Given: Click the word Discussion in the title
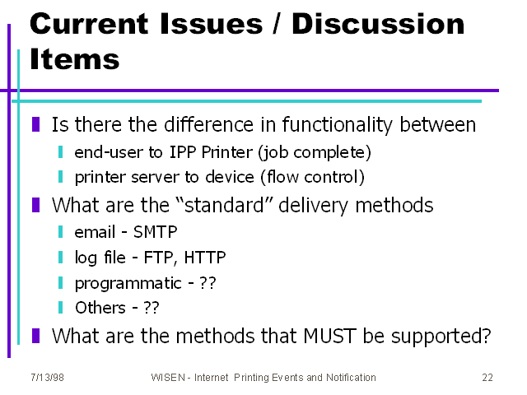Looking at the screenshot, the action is point(378,24).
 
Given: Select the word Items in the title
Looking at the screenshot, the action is point(75,59).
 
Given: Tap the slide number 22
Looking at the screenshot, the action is point(487,378).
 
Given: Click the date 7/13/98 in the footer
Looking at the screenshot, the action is point(47,378).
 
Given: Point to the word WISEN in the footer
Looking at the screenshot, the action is point(168,378).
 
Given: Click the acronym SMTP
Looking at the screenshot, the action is point(156,232).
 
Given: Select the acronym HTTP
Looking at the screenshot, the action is point(205,258).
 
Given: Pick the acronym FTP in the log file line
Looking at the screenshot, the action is point(159,258).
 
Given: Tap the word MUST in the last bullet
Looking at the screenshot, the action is point(329,336).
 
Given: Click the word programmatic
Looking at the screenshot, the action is point(128,283).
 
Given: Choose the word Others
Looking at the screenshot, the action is point(100,308).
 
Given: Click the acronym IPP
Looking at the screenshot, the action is point(183,152).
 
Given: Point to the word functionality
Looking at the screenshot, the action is point(338,124).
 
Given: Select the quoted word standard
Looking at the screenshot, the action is point(225,205).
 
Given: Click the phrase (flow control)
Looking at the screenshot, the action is point(313,177).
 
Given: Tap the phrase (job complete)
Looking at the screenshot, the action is point(315,152).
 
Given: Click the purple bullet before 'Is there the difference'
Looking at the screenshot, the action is point(36,124).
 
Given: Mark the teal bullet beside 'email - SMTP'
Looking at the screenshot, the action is point(60,232).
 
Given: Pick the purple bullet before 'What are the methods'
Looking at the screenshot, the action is point(36,336).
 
